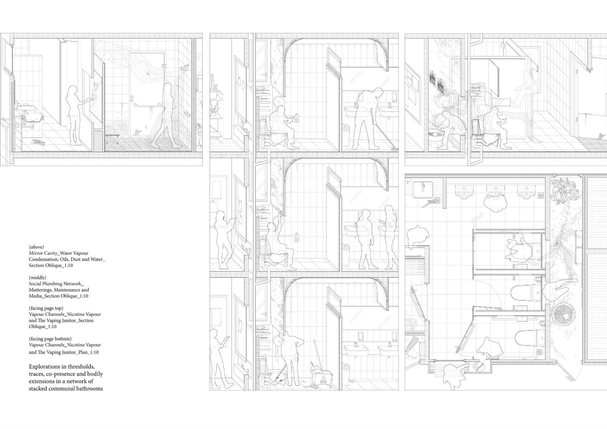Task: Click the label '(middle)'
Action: click(x=38, y=277)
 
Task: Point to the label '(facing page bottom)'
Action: click(x=50, y=338)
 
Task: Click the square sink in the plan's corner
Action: click(x=423, y=189)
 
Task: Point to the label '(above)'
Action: click(x=36, y=247)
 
